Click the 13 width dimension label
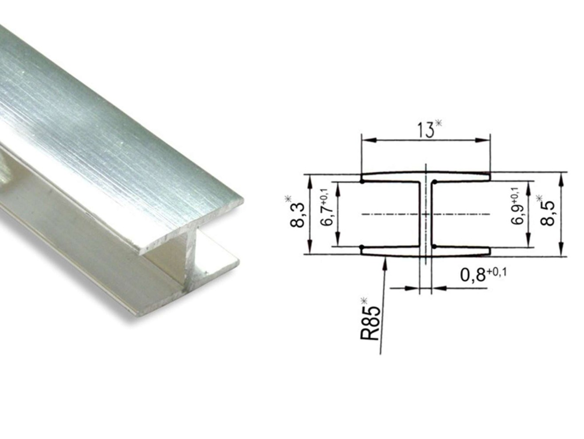(x=425, y=130)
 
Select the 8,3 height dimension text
(x=297, y=215)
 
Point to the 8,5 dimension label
(x=547, y=213)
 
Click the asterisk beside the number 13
(x=439, y=123)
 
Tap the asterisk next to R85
(x=364, y=301)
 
